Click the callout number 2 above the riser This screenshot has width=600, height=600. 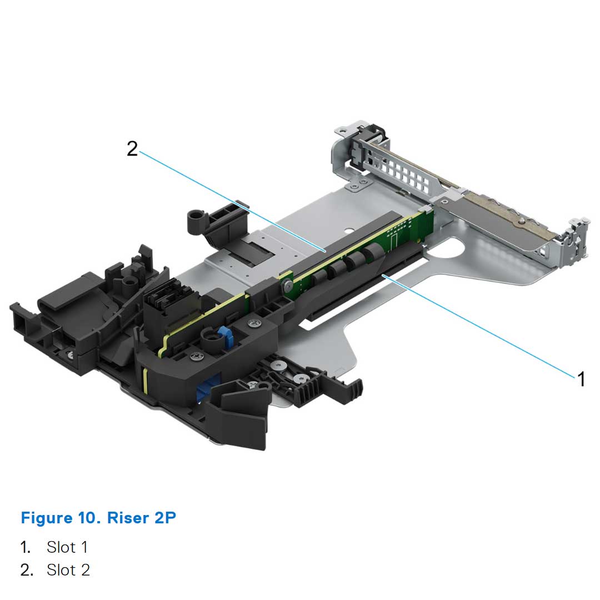[x=132, y=148]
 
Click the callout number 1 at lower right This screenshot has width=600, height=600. [x=581, y=379]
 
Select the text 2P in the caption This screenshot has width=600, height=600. [x=164, y=518]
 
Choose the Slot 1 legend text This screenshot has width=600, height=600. [x=67, y=547]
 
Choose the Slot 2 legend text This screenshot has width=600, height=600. [x=68, y=570]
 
